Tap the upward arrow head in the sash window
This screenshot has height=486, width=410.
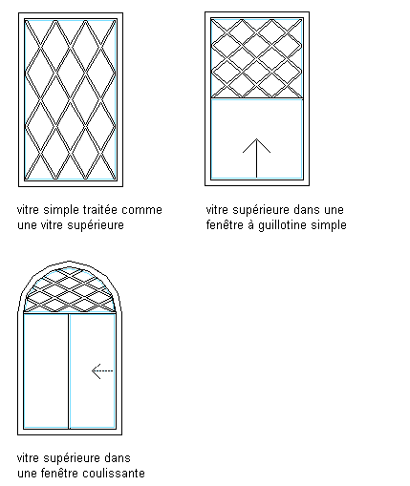[x=256, y=145]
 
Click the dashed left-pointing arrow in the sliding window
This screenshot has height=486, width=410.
[x=102, y=371]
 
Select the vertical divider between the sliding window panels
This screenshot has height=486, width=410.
[x=69, y=371]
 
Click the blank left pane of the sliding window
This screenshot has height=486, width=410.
[x=46, y=371]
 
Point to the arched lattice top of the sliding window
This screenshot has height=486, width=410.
[x=70, y=290]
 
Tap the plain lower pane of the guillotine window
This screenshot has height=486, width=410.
[x=257, y=139]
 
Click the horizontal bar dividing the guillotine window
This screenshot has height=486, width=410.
[x=257, y=98]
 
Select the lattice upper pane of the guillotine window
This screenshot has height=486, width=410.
[x=257, y=58]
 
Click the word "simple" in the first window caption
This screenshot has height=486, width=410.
[x=61, y=210]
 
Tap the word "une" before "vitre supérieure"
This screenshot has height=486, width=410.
[x=27, y=225]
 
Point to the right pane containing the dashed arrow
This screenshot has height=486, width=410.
[x=93, y=371]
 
